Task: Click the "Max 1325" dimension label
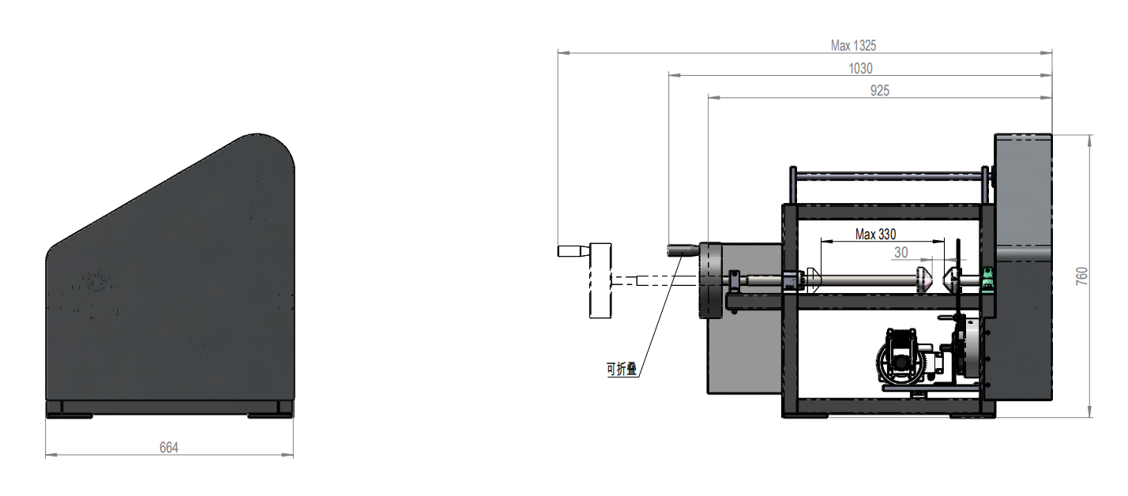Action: pyautogui.click(x=853, y=46)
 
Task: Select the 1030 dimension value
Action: pyautogui.click(x=860, y=69)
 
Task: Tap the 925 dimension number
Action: pyautogui.click(x=880, y=91)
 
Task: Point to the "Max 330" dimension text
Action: pyautogui.click(x=875, y=234)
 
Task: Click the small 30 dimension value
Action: pyautogui.click(x=901, y=252)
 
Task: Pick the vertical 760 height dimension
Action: pyautogui.click(x=1081, y=276)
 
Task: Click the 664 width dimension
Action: pyautogui.click(x=169, y=448)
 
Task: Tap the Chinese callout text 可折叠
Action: pyautogui.click(x=622, y=369)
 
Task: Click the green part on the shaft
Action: pyautogui.click(x=988, y=280)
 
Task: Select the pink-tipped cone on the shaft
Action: pyautogui.click(x=924, y=280)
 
